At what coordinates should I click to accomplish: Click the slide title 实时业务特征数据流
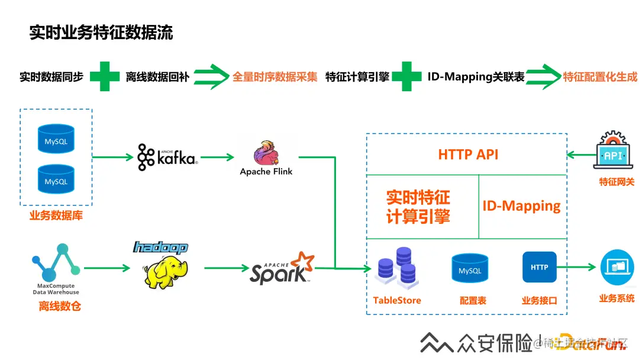pos(101,32)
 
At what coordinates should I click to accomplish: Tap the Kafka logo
pos(167,157)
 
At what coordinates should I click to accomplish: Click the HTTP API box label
pos(468,155)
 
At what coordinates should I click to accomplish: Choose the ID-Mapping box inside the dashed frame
pos(521,206)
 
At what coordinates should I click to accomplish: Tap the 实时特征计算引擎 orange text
pos(418,207)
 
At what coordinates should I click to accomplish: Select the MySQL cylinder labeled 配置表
pos(470,269)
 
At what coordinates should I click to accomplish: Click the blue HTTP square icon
pos(539,267)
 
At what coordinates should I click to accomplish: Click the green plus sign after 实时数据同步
pos(105,76)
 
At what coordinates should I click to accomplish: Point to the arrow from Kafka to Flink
pos(217,157)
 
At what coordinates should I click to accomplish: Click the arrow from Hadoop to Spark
pos(226,268)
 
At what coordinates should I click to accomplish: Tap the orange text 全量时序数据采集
pos(275,77)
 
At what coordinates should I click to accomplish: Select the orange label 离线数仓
pos(59,306)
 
